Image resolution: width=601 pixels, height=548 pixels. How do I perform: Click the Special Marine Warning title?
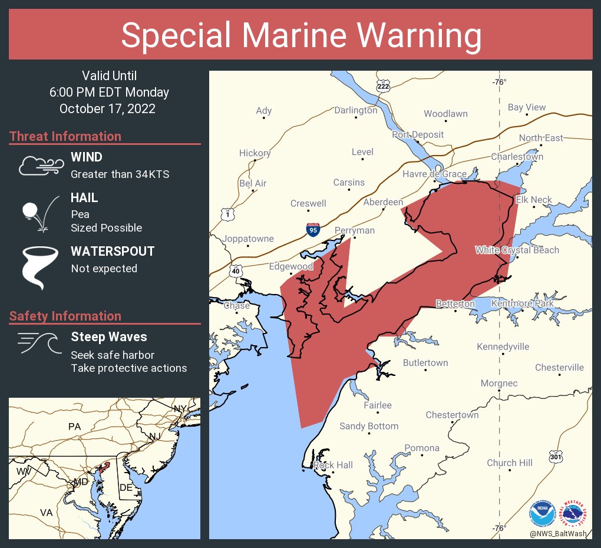coord(300,35)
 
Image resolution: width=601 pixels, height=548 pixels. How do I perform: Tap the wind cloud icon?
coord(39,166)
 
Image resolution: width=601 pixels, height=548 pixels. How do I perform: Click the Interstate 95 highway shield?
coord(313,229)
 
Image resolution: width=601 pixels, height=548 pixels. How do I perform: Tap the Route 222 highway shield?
coord(383,86)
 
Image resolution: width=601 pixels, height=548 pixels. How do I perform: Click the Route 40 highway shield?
coord(236,270)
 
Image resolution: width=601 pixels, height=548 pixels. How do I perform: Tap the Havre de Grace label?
coord(434,174)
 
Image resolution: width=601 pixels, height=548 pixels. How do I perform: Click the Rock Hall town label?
coord(333,465)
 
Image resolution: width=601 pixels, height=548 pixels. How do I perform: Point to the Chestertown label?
coord(452,415)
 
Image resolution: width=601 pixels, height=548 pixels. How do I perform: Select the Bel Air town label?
coord(253,183)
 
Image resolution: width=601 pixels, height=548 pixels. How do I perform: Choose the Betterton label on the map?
coord(455,303)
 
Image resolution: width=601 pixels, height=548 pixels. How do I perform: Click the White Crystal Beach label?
coord(517,250)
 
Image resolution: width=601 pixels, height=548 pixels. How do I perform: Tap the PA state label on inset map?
coord(74,426)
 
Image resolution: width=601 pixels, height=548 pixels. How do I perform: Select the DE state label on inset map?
coord(126,487)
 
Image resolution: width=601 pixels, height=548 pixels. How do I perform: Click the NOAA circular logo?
coord(542,514)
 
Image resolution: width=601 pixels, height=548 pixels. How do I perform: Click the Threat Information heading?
coord(65,136)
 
